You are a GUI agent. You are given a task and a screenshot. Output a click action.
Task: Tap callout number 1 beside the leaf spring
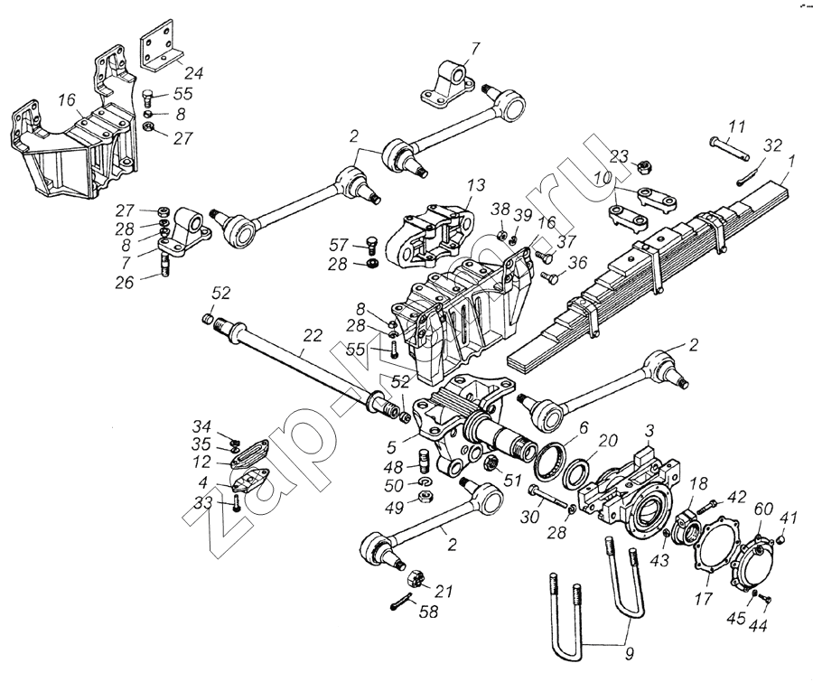[791, 163]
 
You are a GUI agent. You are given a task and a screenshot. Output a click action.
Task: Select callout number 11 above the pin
[737, 126]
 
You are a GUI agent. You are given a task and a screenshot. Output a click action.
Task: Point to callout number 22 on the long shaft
[312, 335]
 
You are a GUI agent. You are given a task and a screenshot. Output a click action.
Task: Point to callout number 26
[125, 282]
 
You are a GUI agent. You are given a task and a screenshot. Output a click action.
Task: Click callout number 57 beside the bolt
[337, 244]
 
